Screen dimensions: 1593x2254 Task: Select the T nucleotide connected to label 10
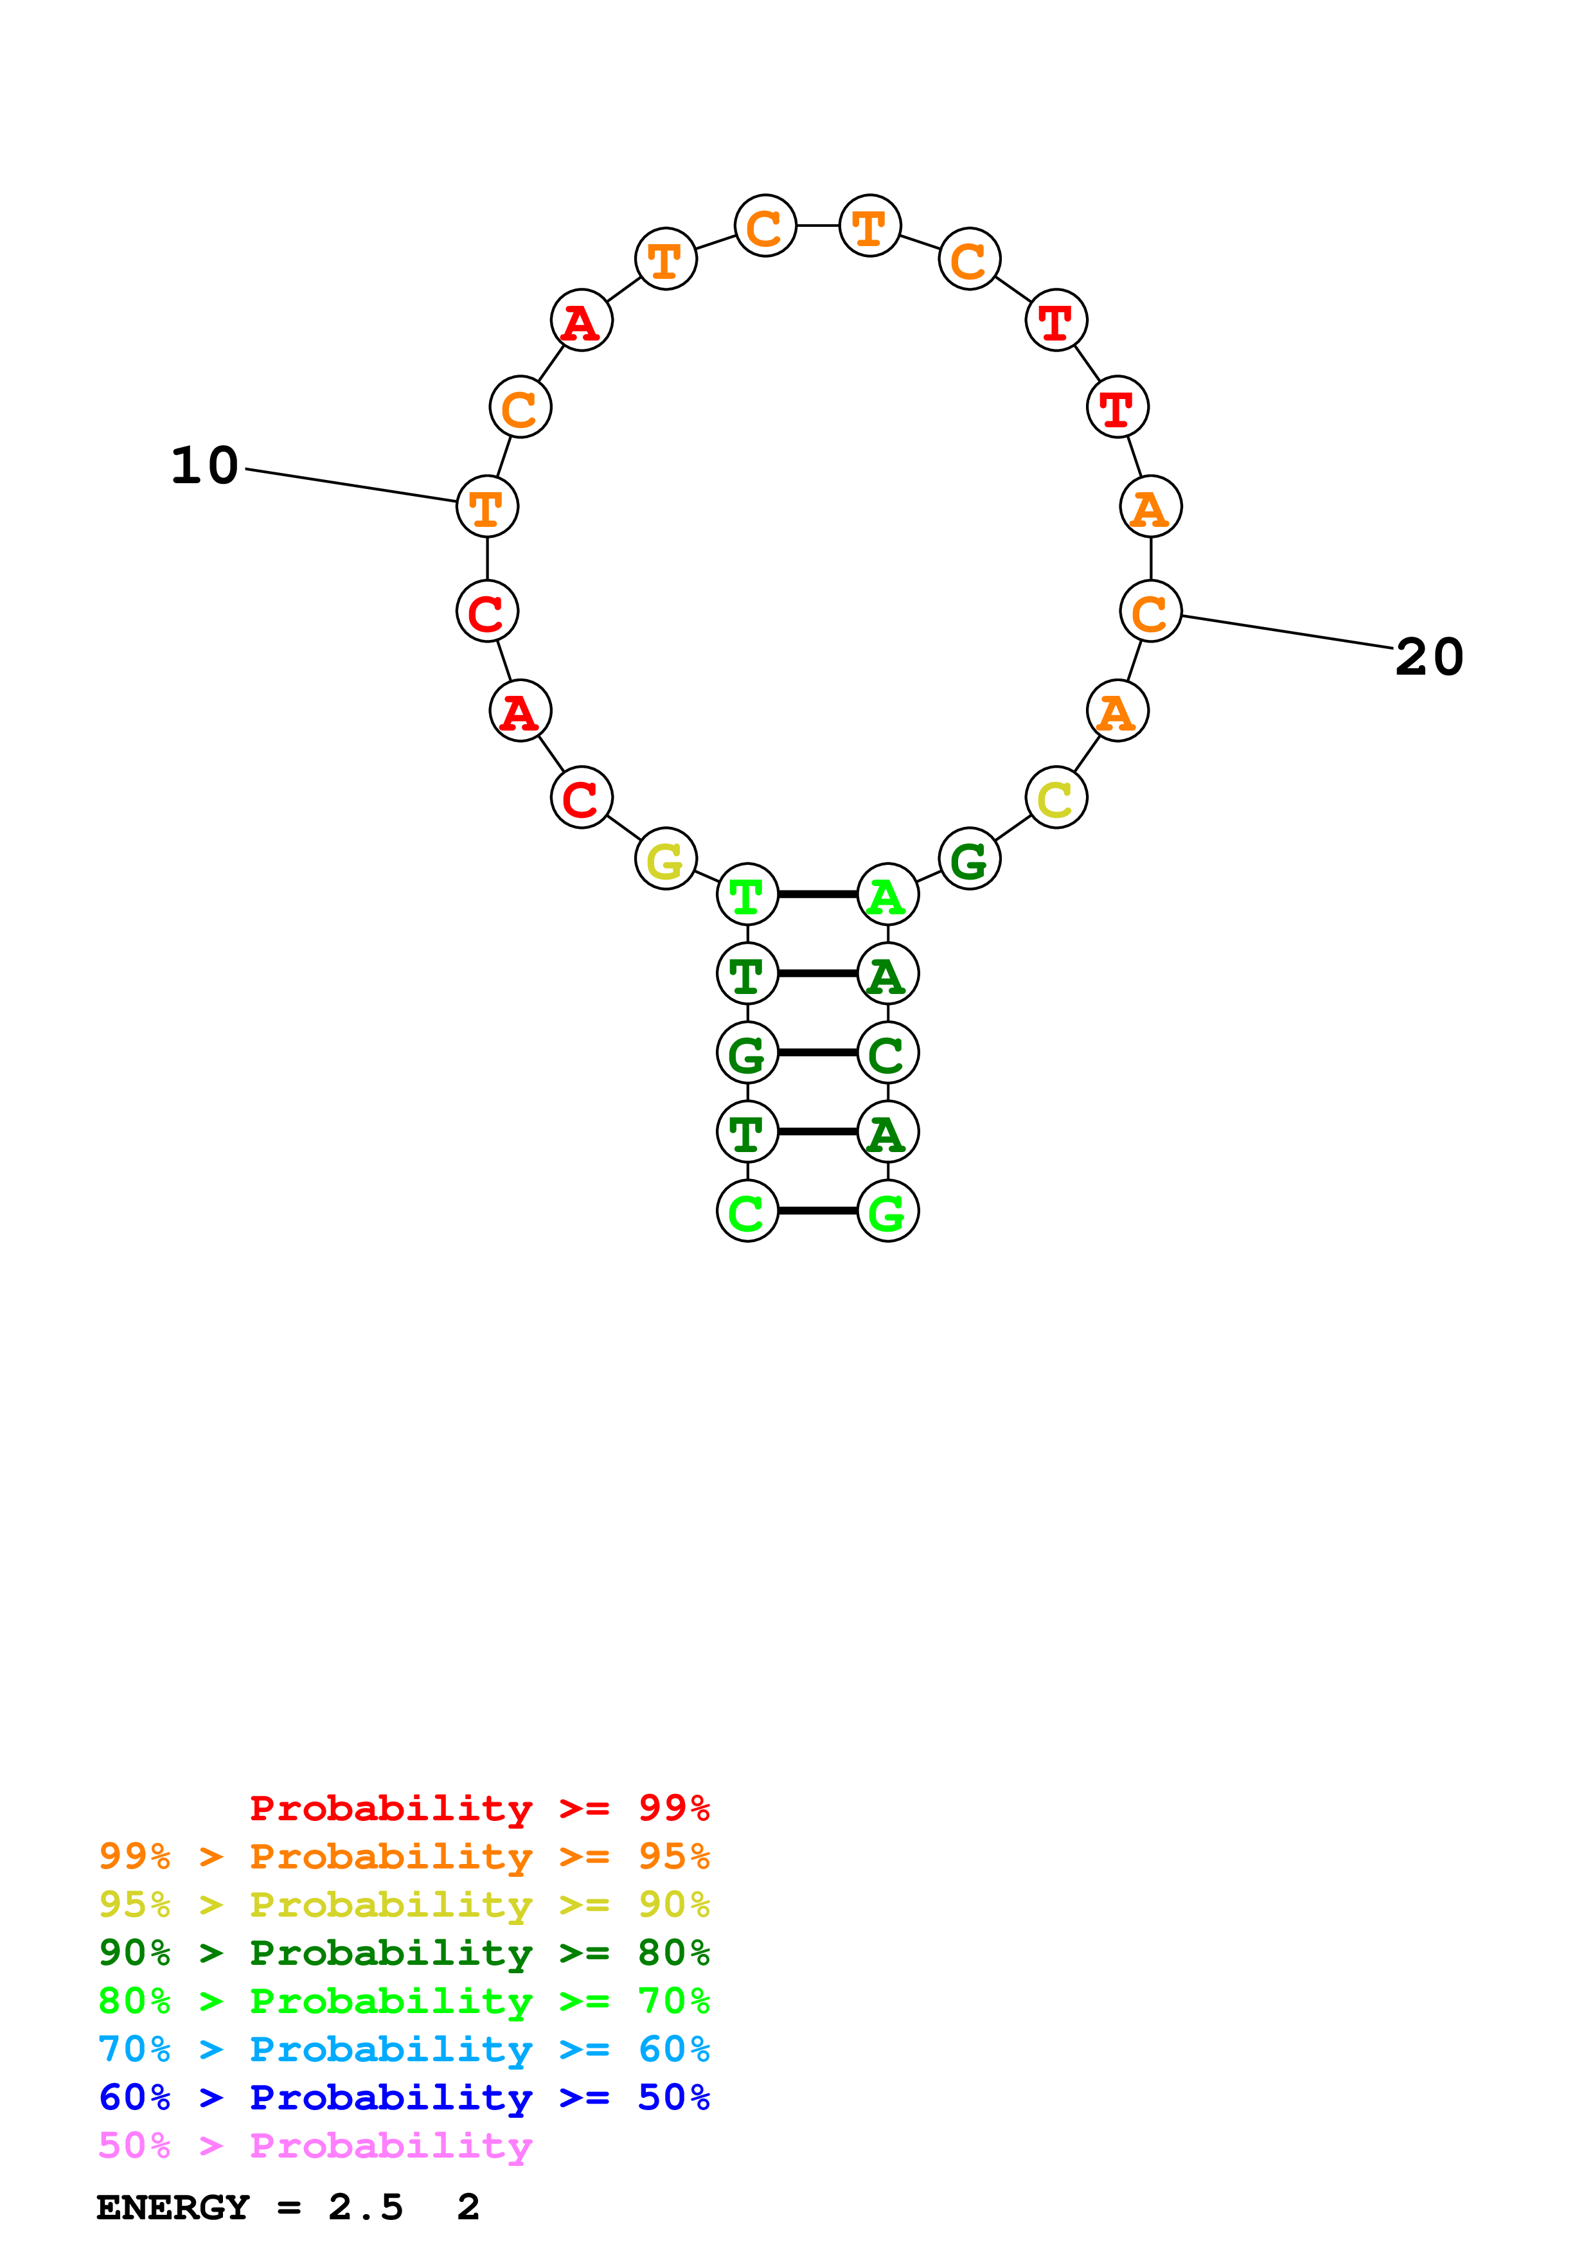(x=487, y=506)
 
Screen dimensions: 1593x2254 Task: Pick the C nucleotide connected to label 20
(x=1150, y=612)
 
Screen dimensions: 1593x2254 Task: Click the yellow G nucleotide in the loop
(x=666, y=859)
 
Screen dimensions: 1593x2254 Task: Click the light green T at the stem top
(x=747, y=894)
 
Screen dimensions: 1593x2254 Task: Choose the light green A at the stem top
(x=887, y=894)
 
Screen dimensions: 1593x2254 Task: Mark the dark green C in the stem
(x=887, y=1053)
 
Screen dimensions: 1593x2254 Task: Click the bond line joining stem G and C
(x=817, y=1052)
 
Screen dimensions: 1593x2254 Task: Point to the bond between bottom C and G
(x=817, y=1211)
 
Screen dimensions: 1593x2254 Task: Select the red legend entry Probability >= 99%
(x=479, y=1807)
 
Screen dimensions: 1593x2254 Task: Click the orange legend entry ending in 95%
(x=404, y=1856)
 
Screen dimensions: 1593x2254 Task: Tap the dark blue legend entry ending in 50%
(x=404, y=2097)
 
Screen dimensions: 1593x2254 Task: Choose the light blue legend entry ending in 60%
(x=404, y=2049)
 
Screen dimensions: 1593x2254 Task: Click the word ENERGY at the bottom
(x=173, y=2207)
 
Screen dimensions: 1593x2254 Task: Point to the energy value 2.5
(x=365, y=2207)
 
